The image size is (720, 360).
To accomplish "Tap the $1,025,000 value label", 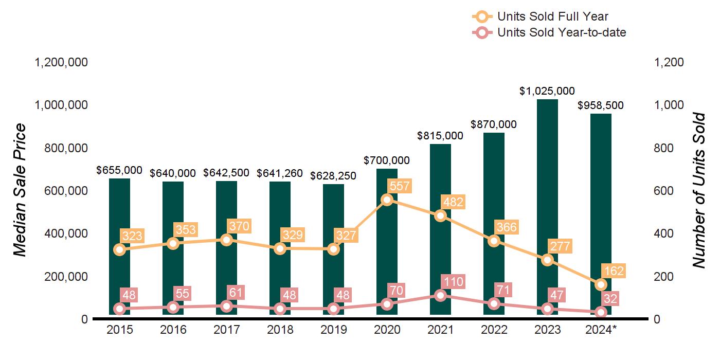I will pos(547,91).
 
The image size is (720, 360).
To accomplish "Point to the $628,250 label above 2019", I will pos(333,176).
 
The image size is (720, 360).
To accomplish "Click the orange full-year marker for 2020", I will pos(387,200).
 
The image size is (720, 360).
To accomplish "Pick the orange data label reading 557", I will pos(400,186).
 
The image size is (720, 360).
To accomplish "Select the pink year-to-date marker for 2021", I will pos(440,295).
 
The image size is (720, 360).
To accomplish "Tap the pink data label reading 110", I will pos(453,282).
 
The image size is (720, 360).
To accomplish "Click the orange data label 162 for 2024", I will pos(613,271).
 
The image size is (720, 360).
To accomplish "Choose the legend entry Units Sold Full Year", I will pos(553,17).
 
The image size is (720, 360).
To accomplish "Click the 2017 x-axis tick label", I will pos(227,330).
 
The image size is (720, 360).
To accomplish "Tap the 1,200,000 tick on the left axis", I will pos(61,63).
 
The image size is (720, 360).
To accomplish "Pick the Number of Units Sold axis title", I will pos(698,190).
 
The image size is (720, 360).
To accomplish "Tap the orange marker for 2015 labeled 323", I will pos(120,249).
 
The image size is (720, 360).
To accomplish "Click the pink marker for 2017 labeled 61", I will pos(227,306).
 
